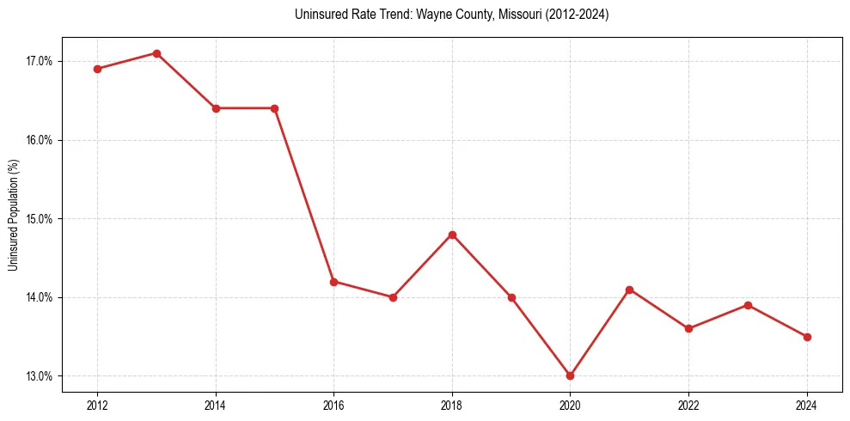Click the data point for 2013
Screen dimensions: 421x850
point(156,53)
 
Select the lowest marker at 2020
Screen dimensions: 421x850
point(571,375)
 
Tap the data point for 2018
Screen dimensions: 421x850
point(452,235)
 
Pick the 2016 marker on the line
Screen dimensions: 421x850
point(333,281)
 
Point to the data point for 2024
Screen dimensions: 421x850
point(807,337)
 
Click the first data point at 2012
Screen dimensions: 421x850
point(97,69)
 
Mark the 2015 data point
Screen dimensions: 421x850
point(275,108)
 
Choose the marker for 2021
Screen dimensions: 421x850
point(630,290)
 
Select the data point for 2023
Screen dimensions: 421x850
point(748,305)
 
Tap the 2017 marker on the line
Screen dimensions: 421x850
point(393,297)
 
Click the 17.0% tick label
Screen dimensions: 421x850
point(40,61)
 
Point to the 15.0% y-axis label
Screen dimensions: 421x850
point(40,219)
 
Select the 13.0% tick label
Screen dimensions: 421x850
point(40,376)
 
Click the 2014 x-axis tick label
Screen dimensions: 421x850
point(216,405)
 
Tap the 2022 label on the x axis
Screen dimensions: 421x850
point(689,405)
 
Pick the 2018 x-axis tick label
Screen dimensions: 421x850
point(452,405)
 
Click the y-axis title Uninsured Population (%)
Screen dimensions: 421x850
point(14,215)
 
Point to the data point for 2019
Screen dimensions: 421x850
point(511,297)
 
